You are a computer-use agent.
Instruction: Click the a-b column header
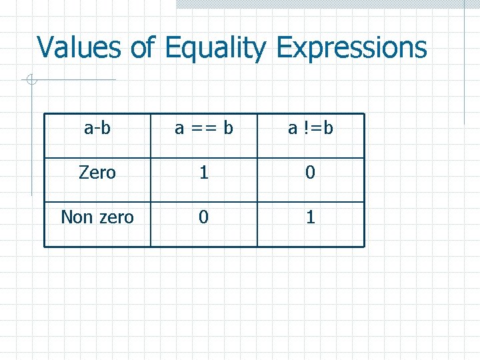click(97, 128)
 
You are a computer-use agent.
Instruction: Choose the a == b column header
click(204, 128)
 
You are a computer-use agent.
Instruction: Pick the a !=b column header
click(311, 128)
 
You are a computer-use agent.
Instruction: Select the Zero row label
click(97, 173)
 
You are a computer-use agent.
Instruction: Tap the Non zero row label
click(97, 217)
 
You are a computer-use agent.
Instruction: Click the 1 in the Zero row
click(204, 173)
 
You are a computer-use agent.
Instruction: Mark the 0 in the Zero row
click(311, 173)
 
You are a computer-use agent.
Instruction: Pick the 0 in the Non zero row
click(204, 217)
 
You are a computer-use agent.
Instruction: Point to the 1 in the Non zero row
click(311, 217)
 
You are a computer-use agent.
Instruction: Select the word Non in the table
click(76, 217)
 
